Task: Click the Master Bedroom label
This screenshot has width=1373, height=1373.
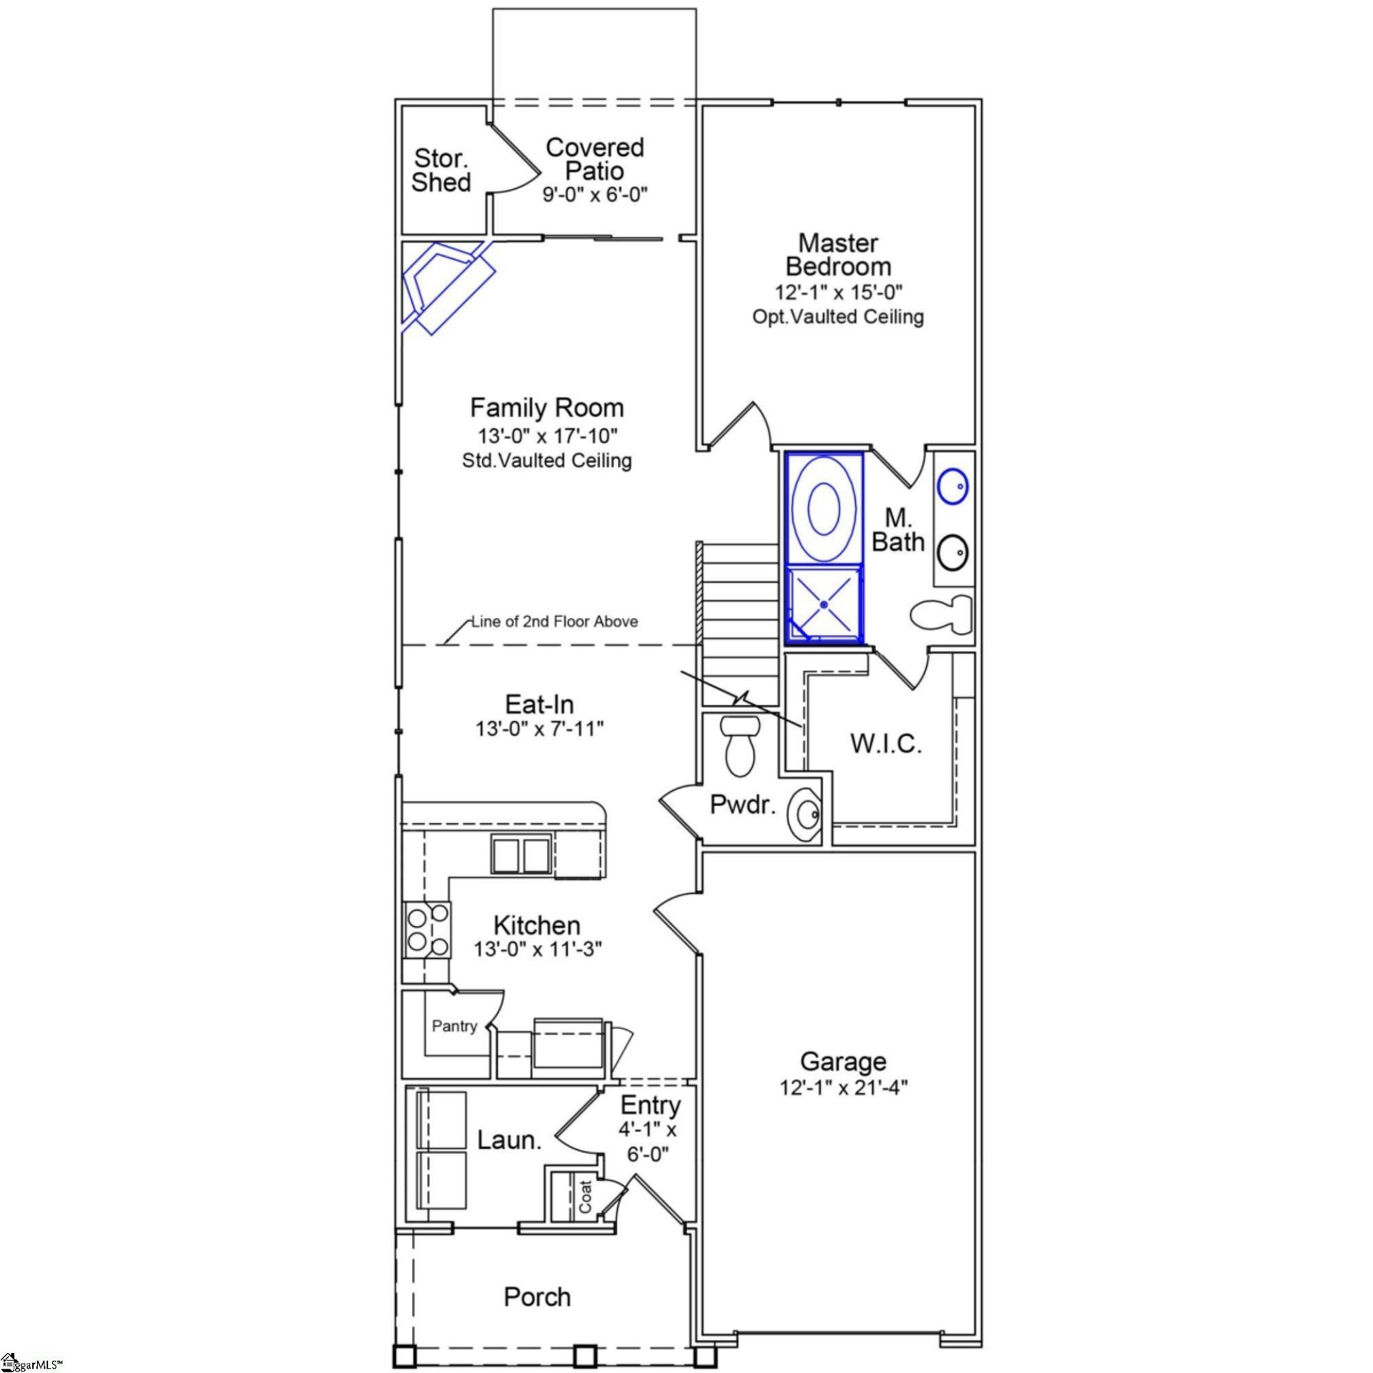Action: click(838, 255)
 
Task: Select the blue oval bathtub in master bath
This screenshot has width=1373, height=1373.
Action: click(823, 508)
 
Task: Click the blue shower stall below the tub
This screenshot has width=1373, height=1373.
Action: click(824, 604)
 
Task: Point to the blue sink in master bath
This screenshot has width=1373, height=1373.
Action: click(953, 486)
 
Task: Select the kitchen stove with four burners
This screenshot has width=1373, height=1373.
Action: click(428, 930)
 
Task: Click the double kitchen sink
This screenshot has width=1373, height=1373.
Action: click(521, 855)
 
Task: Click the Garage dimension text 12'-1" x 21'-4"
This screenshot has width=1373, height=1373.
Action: click(843, 1088)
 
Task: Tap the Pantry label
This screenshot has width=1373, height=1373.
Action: click(454, 1026)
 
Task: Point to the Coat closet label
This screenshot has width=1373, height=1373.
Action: click(586, 1196)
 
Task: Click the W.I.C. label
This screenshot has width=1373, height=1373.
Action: click(885, 744)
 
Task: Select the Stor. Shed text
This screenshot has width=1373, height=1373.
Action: click(441, 170)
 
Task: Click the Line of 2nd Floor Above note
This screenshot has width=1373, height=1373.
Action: click(554, 621)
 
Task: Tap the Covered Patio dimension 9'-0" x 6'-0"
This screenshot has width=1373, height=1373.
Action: click(594, 195)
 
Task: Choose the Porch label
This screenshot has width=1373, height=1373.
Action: click(537, 1296)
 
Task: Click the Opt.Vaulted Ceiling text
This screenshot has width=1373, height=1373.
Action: click(838, 317)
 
